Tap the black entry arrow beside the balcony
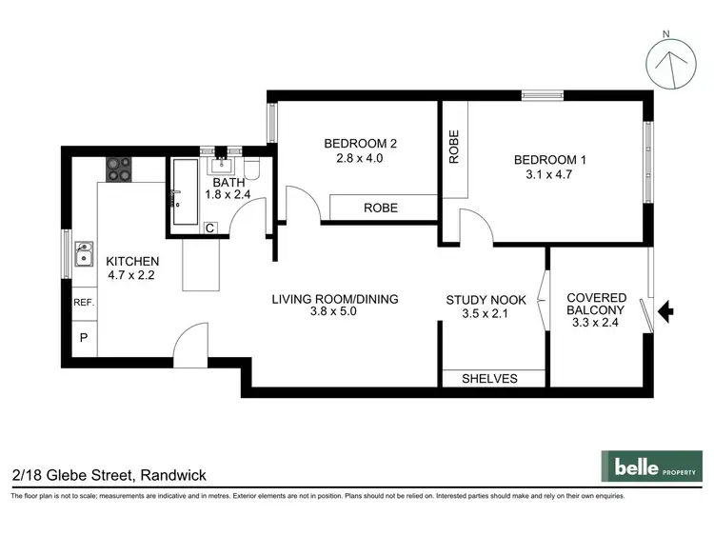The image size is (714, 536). [x=666, y=309]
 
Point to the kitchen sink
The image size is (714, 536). [x=84, y=253]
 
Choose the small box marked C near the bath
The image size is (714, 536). [x=210, y=228]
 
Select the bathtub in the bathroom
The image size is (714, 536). [x=183, y=194]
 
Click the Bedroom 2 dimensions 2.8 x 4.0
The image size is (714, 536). [x=359, y=159]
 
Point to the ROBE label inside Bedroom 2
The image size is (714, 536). [x=381, y=208]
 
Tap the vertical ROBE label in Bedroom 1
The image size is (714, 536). [x=454, y=147]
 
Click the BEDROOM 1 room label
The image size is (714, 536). [x=549, y=160]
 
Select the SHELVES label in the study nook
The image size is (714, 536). [x=489, y=379]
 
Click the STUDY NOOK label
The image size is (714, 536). [x=486, y=300]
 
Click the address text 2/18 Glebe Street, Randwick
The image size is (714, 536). [x=109, y=474]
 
